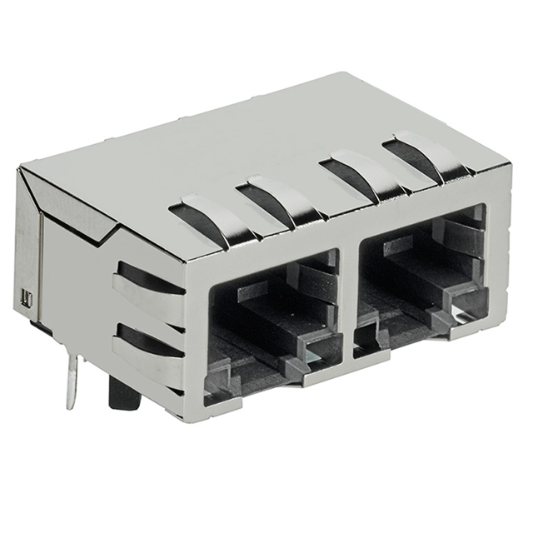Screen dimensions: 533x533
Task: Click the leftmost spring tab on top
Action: click(208, 214)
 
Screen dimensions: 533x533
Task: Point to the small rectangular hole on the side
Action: click(27, 299)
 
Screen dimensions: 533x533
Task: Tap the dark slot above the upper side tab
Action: click(146, 274)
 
